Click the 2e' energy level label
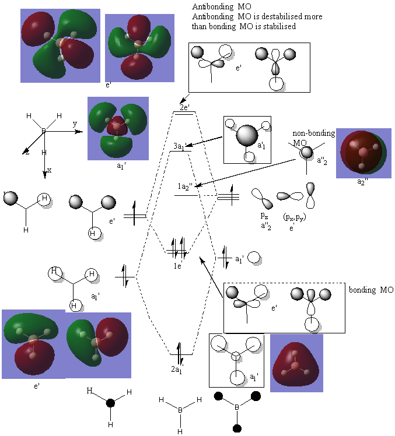184,108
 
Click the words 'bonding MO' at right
371,290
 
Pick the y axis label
75,124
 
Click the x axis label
49,170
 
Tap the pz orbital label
264,216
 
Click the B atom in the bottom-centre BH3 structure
180,410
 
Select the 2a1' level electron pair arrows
180,350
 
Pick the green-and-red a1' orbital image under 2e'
116,129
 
